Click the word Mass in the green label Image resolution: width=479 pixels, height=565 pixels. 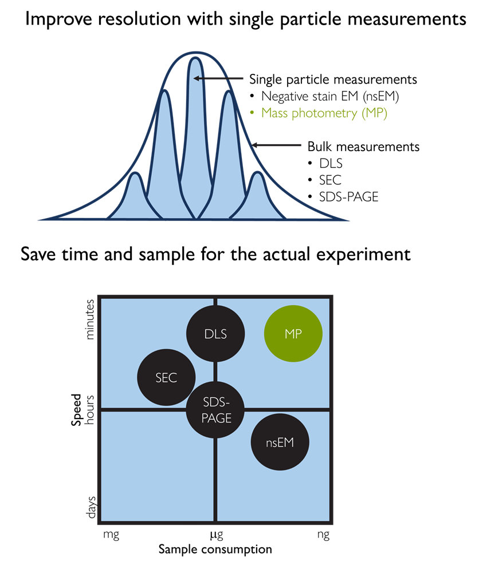tap(275, 113)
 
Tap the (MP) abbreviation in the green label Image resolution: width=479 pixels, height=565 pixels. tap(375, 113)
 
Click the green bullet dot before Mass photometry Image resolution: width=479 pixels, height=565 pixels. tap(252, 113)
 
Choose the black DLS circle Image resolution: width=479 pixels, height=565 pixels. tap(216, 334)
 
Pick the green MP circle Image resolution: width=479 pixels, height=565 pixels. tap(293, 334)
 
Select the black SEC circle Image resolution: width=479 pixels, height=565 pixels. tap(166, 378)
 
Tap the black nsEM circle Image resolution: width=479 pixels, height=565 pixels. tap(280, 442)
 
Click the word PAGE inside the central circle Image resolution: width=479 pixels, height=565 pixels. tap(215, 418)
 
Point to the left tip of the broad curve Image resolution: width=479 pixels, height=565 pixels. tap(40, 219)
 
